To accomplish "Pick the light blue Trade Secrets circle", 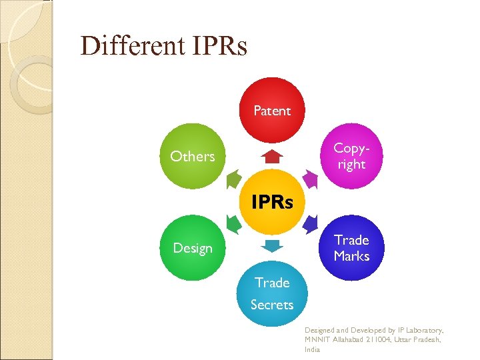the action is point(272,294).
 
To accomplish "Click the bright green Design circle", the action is point(193,247).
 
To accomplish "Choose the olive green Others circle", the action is point(193,156).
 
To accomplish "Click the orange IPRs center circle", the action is point(272,202).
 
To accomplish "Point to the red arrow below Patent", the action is point(272,157).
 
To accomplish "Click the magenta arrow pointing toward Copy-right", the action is point(310,179).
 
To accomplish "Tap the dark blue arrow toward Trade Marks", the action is point(310,223).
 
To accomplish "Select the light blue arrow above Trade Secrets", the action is point(272,245).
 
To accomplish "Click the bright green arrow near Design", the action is point(234,223).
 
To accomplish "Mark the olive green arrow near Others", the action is point(234,179).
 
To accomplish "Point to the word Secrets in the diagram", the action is point(272,305).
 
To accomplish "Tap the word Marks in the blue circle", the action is point(351,256).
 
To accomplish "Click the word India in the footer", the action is point(312,349).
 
